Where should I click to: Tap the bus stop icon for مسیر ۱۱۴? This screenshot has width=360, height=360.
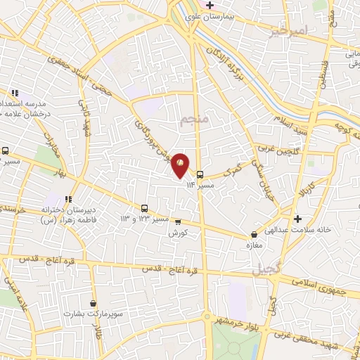200,174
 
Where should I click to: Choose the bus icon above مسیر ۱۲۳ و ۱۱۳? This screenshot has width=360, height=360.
144,208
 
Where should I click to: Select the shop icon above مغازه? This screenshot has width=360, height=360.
254,234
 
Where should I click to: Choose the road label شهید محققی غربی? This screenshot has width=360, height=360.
320,337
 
